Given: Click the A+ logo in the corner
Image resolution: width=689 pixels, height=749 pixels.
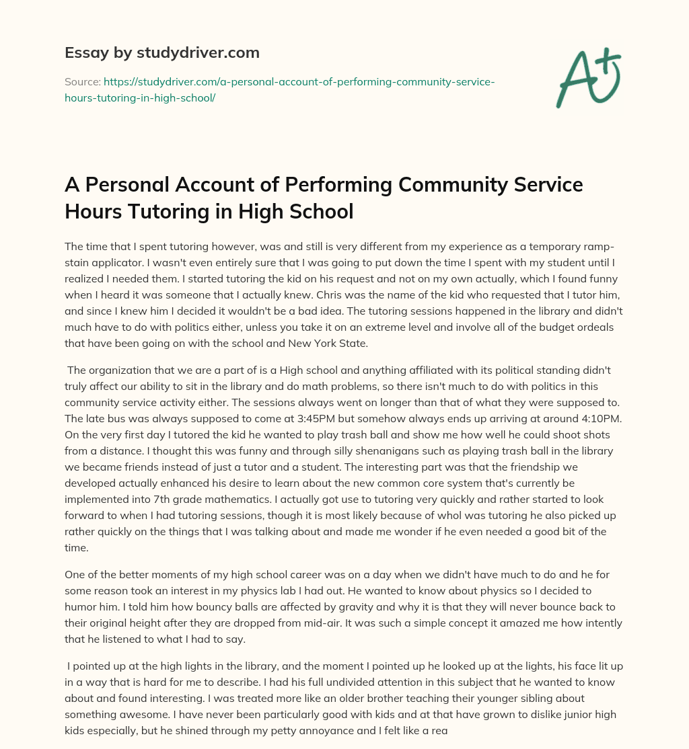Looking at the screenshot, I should click(x=587, y=78).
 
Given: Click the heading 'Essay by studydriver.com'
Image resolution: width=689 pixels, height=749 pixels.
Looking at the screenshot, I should click(x=161, y=52).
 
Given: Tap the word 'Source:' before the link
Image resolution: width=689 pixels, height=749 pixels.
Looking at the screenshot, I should click(x=82, y=81).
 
